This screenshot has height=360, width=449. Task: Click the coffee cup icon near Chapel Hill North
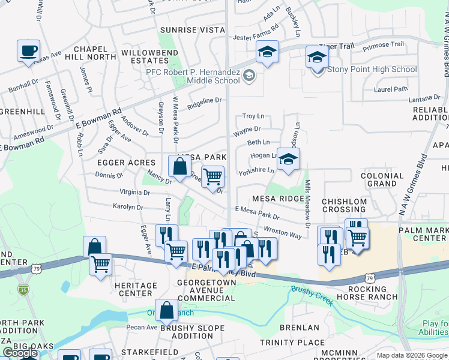click(x=28, y=50)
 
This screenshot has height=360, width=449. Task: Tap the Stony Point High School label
click(x=372, y=70)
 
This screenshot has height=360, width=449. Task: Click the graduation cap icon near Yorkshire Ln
click(x=288, y=159)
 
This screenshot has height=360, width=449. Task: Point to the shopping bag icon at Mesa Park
click(x=179, y=166)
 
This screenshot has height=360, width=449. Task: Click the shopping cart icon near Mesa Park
click(x=212, y=177)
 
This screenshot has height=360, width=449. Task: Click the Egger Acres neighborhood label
click(x=127, y=163)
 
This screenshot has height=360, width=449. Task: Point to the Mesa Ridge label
click(x=278, y=198)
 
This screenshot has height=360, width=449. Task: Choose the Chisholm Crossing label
click(x=344, y=206)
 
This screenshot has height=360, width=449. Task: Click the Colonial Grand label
click(x=382, y=179)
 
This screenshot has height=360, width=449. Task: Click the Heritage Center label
click(x=135, y=289)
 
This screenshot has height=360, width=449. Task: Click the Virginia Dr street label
click(x=135, y=193)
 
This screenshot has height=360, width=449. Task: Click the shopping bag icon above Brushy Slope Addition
click(x=166, y=310)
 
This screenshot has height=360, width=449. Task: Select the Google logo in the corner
click(x=20, y=353)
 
